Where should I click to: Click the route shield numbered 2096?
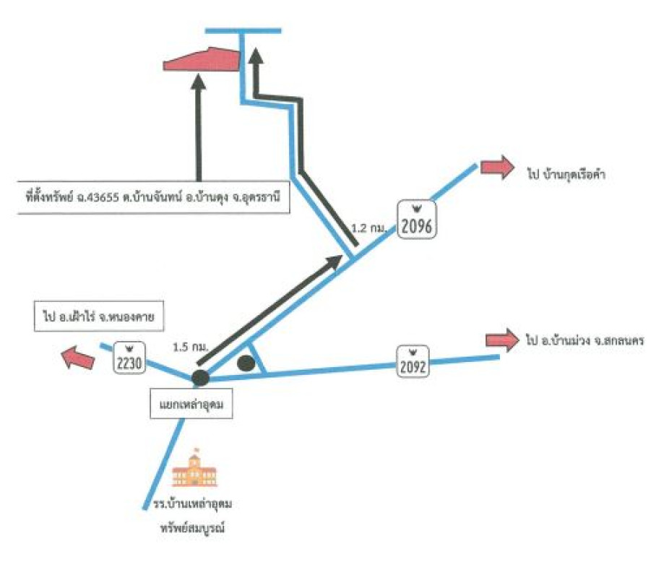click(417, 220)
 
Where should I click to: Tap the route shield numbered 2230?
click(129, 357)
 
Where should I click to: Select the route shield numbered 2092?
click(413, 361)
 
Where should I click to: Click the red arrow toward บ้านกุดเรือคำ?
click(496, 168)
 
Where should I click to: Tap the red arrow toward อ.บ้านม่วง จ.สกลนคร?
click(502, 338)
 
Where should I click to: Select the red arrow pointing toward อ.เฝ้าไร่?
click(77, 356)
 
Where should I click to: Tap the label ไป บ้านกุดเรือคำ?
click(566, 173)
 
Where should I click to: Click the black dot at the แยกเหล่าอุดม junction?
click(200, 376)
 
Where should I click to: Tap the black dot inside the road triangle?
click(246, 362)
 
